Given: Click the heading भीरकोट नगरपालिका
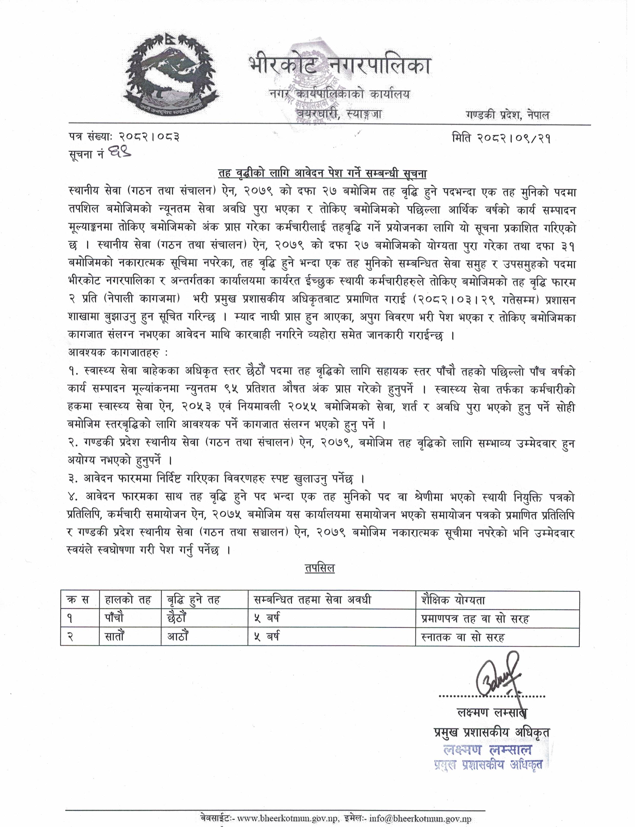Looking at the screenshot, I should [339, 65].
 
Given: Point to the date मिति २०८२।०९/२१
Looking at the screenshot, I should [501, 139].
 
